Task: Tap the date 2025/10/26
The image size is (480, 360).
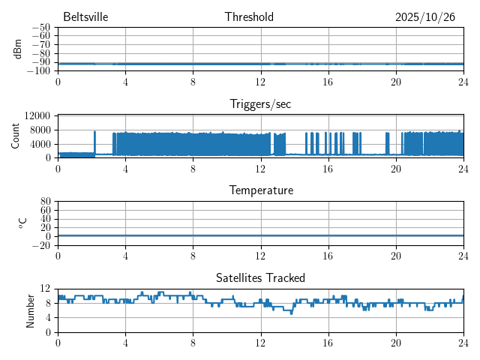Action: point(425,17)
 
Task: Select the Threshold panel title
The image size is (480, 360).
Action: point(249,17)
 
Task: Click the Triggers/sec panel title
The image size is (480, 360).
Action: point(260,104)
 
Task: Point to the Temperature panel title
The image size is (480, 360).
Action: point(260,190)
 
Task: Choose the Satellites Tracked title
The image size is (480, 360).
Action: point(260,278)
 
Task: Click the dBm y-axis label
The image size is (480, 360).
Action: point(18,49)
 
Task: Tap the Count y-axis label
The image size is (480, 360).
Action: point(16,136)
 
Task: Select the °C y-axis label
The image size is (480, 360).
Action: point(22,223)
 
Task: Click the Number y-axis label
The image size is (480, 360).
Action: point(31,310)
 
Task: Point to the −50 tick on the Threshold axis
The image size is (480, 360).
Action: point(41,28)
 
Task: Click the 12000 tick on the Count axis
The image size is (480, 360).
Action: point(37,115)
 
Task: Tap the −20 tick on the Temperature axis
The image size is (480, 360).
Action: point(41,245)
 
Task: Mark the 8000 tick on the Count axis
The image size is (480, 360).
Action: point(39,129)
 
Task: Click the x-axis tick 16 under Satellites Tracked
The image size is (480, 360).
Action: point(328,342)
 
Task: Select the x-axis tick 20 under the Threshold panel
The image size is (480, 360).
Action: point(396,81)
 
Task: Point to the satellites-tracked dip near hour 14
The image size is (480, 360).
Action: point(292,313)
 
